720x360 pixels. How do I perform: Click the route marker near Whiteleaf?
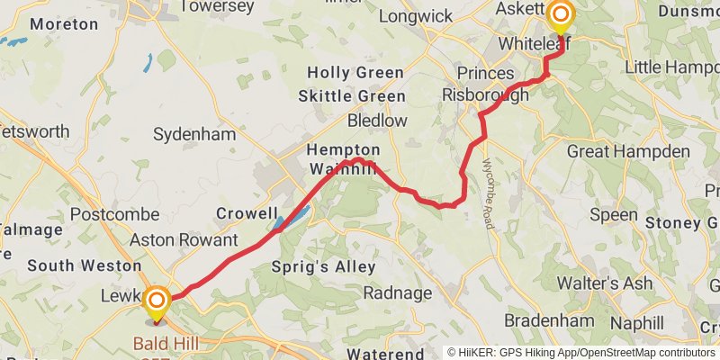click(x=562, y=15)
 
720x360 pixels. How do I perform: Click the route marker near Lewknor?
click(x=157, y=301)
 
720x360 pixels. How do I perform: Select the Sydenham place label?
click(x=194, y=134)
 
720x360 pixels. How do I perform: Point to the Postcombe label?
click(x=114, y=215)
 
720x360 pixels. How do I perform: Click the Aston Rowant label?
click(x=184, y=240)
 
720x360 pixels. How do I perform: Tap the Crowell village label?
click(x=247, y=213)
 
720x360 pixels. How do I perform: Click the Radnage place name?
click(x=398, y=292)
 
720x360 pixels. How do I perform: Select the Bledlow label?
click(x=378, y=120)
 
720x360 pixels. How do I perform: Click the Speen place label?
click(x=614, y=214)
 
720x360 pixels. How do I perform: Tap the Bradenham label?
click(x=549, y=320)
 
